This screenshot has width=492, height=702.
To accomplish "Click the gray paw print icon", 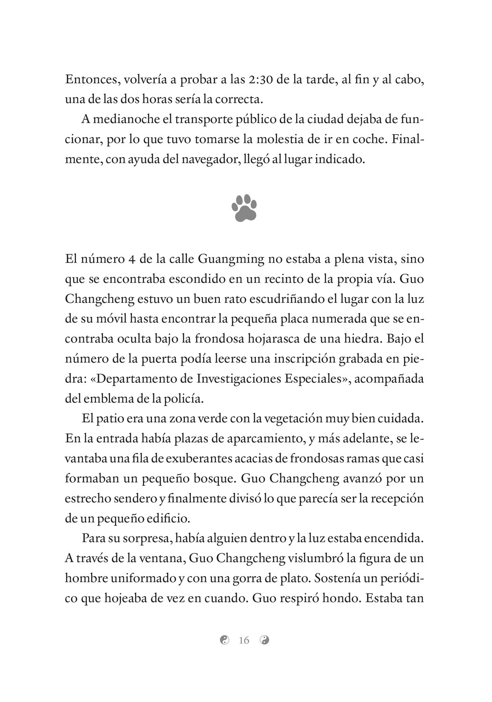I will [x=244, y=208].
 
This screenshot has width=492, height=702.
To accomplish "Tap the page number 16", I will [x=244, y=640].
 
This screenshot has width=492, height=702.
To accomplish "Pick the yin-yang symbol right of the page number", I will [x=265, y=640].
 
